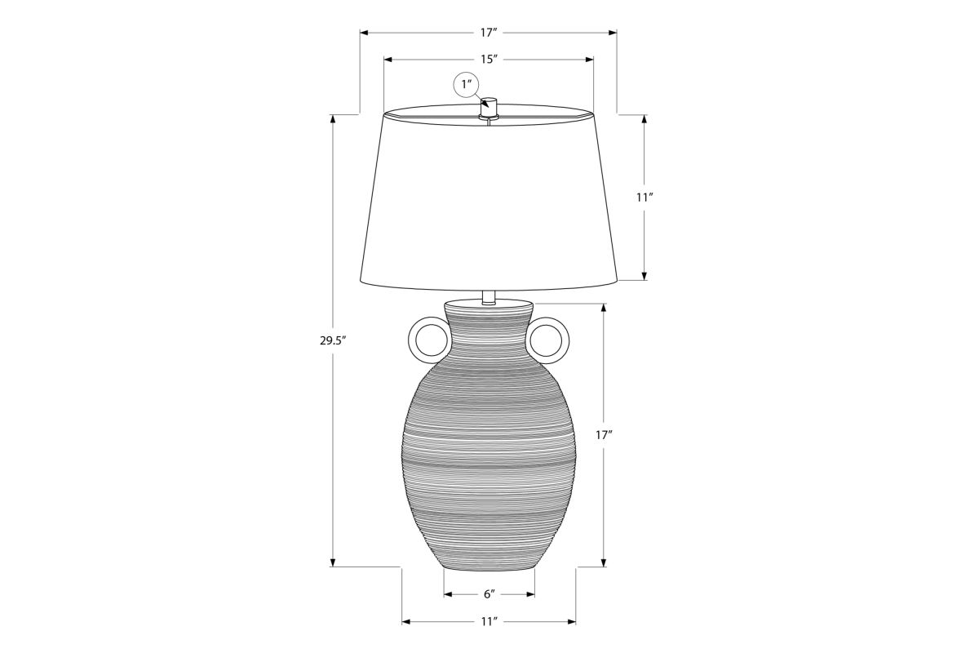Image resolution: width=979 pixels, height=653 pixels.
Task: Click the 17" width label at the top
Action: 489,33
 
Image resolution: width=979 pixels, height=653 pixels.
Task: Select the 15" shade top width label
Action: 489,59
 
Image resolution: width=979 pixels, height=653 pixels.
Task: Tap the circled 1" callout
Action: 467,84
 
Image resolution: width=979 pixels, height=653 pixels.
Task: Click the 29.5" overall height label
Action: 333,340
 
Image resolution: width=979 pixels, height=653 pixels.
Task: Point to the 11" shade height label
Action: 645,198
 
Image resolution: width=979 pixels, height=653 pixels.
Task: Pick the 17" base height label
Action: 604,435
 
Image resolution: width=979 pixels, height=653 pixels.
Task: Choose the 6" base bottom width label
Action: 489,594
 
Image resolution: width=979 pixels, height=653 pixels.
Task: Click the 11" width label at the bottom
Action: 489,621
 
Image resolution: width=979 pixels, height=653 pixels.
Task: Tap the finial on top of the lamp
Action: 489,108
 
